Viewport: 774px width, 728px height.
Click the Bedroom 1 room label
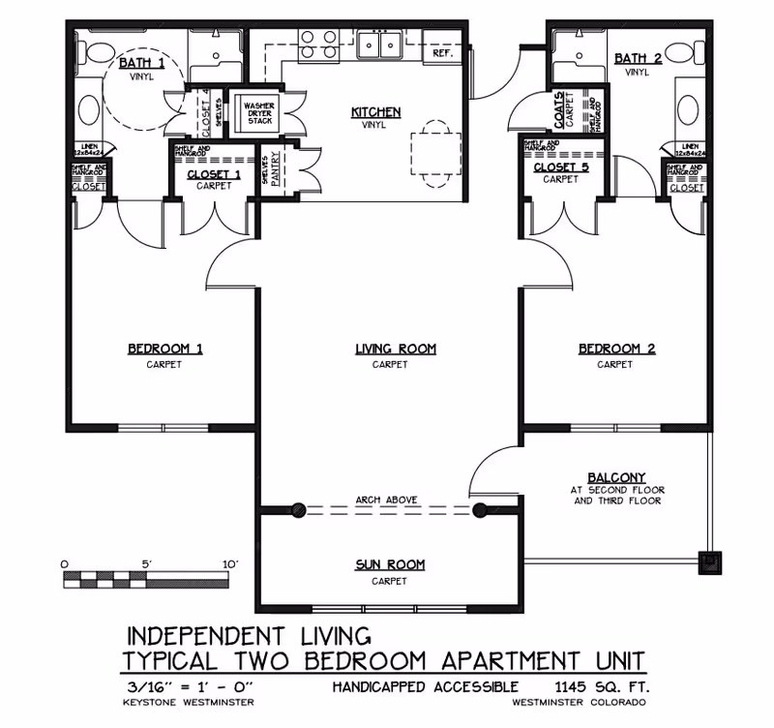(164, 349)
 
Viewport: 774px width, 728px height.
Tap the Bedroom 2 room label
(616, 349)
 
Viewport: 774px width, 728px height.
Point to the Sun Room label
(389, 564)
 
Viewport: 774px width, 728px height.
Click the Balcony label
(616, 477)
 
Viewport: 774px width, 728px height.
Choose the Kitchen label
(375, 112)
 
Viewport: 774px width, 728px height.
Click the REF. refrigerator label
(443, 53)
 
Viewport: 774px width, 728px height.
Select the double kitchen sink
(379, 45)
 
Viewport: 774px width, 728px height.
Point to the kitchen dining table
(432, 151)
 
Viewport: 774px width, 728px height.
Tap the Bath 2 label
(638, 58)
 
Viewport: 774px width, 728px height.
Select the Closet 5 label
(560, 167)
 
